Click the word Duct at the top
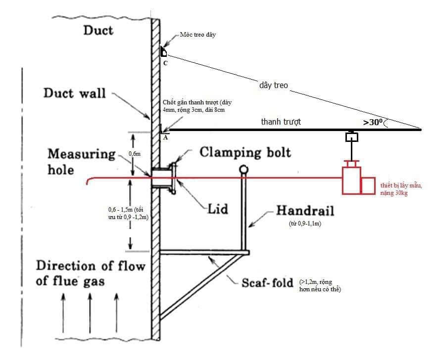[98, 31]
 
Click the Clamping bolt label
[245, 152]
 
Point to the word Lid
[218, 209]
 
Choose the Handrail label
[305, 211]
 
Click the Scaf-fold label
[268, 283]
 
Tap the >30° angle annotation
[374, 122]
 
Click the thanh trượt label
[281, 122]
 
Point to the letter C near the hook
[165, 63]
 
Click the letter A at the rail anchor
[165, 138]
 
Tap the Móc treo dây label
[197, 35]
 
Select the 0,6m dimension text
[134, 154]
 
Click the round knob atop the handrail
[243, 170]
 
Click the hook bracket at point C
[163, 52]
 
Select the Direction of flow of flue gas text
[91, 273]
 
